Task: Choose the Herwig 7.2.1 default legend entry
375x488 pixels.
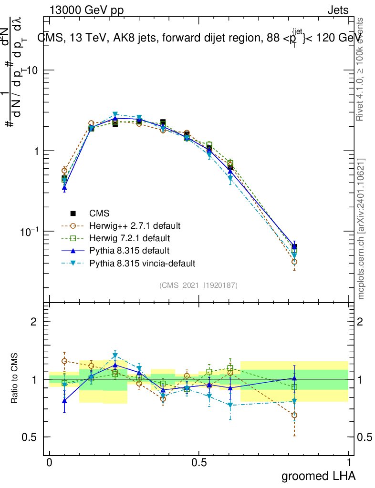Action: point(129,238)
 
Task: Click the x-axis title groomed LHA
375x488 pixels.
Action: point(318,476)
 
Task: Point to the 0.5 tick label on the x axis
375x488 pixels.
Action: point(199,462)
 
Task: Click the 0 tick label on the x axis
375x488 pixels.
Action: point(50,462)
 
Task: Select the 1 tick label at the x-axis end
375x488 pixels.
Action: point(349,462)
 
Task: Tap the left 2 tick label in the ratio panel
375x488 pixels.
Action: point(34,322)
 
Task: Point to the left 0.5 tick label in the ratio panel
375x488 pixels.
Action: point(30,437)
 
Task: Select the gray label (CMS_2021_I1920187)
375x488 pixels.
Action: point(198,285)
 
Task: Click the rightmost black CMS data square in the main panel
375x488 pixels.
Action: point(294,247)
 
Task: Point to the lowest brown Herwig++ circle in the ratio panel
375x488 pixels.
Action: point(294,415)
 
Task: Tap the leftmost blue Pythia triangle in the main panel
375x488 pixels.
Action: point(64,188)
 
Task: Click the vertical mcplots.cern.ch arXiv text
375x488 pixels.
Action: point(361,229)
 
